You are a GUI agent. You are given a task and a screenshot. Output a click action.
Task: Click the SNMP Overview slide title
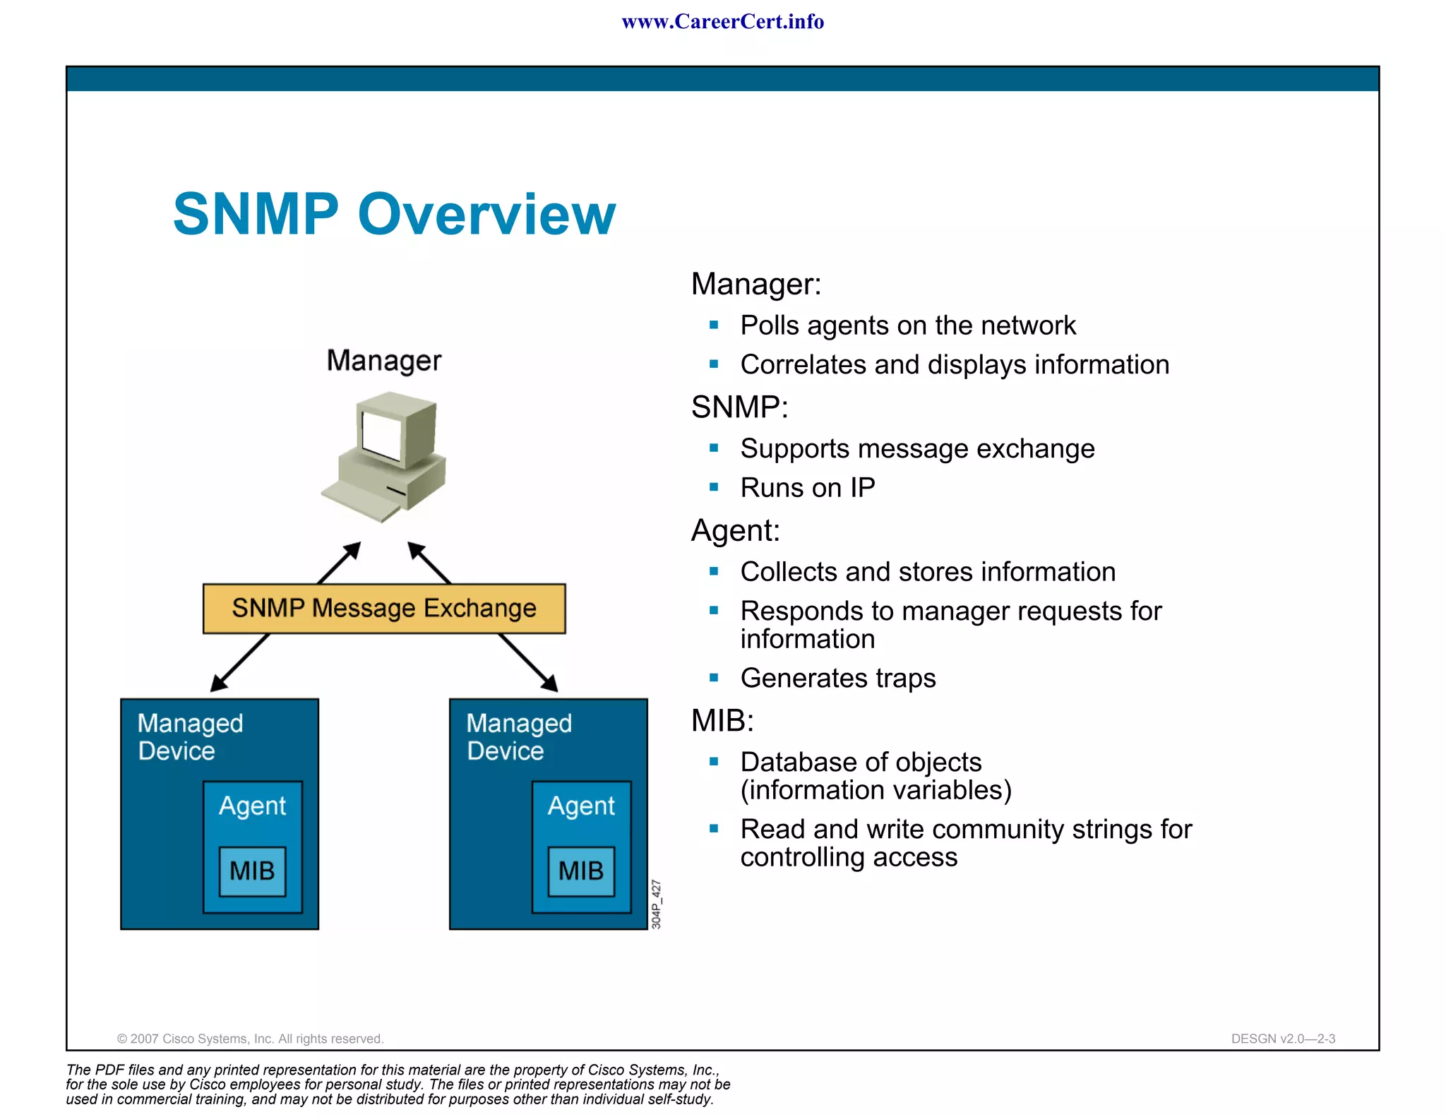pyautogui.click(x=394, y=214)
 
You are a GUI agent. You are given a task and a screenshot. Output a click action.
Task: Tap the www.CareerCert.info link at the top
pyautogui.click(x=722, y=22)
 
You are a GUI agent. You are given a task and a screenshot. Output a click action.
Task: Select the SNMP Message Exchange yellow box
pyautogui.click(x=384, y=608)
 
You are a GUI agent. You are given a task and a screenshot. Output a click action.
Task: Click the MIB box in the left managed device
pyautogui.click(x=252, y=871)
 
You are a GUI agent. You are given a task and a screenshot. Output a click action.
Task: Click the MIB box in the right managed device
pyautogui.click(x=581, y=871)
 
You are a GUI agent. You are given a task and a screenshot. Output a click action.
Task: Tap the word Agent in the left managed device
pyautogui.click(x=252, y=806)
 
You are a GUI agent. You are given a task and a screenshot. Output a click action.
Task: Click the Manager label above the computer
pyautogui.click(x=384, y=361)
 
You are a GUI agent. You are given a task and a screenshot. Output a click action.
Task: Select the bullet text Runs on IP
pyautogui.click(x=807, y=488)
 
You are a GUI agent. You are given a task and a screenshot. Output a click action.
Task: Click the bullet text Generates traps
pyautogui.click(x=837, y=678)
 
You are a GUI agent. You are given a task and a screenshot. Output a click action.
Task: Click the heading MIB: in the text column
pyautogui.click(x=722, y=721)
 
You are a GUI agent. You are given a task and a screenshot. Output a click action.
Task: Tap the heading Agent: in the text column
pyautogui.click(x=735, y=530)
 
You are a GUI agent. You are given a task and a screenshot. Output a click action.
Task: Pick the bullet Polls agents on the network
pyautogui.click(x=907, y=325)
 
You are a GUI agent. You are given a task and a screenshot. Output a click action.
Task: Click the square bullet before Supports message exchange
pyautogui.click(x=714, y=448)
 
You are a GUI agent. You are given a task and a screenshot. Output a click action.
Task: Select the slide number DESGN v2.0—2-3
pyautogui.click(x=1282, y=1039)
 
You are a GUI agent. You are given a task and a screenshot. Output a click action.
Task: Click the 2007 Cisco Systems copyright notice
pyautogui.click(x=250, y=1039)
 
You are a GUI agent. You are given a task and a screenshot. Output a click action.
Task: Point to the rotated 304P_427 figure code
pyautogui.click(x=656, y=904)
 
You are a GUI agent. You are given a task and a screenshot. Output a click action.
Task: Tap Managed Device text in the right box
pyautogui.click(x=519, y=736)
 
